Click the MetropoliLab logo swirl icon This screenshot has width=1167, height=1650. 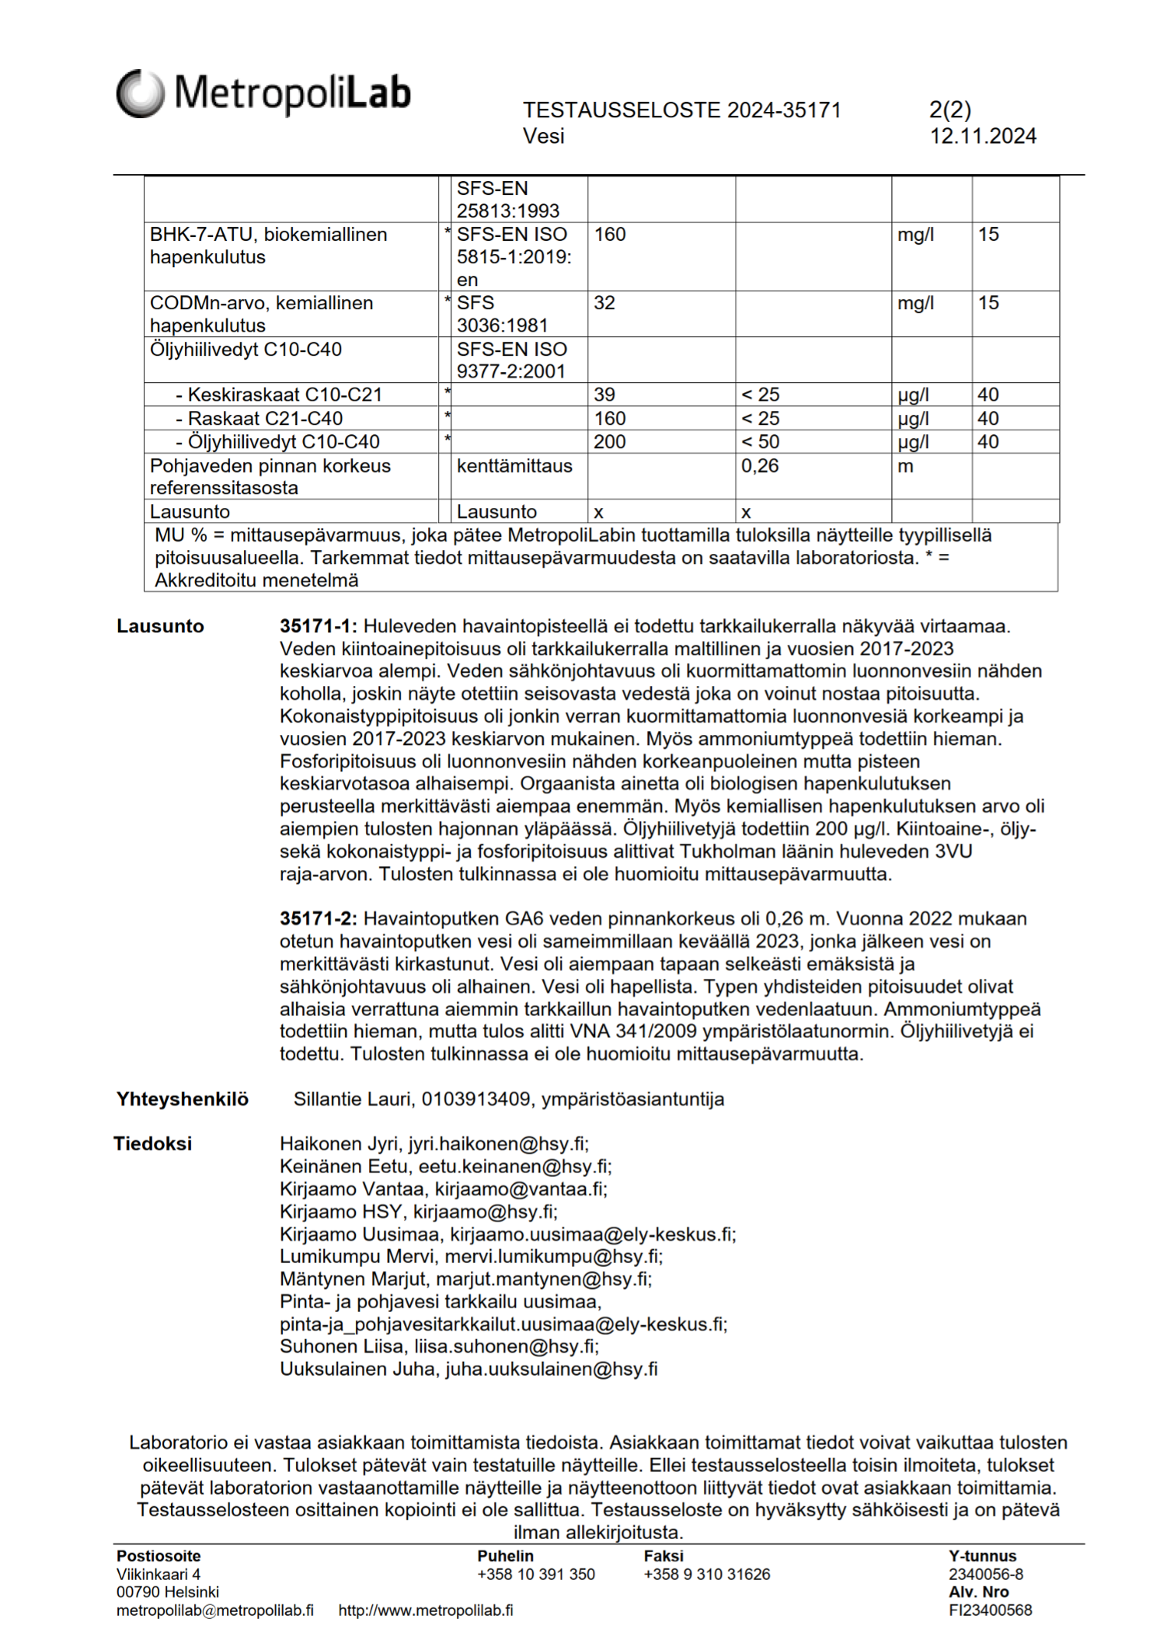140,93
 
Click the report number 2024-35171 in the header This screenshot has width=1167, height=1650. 784,110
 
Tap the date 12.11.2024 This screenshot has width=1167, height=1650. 983,137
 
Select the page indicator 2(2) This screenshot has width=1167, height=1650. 949,110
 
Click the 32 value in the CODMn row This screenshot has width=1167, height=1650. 604,303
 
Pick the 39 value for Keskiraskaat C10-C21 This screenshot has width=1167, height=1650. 604,395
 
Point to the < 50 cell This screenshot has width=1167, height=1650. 760,442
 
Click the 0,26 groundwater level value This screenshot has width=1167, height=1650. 760,466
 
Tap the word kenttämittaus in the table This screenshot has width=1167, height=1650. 514,466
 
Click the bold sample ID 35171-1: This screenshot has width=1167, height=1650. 319,626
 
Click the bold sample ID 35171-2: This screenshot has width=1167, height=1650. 319,919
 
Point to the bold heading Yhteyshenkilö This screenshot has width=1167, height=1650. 183,1099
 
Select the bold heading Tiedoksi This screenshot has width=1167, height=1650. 153,1144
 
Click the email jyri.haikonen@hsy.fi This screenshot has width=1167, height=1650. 498,1144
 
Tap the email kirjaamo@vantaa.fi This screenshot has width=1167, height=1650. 521,1189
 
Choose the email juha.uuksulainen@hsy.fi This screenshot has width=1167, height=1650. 551,1369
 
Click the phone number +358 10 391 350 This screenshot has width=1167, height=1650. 536,1574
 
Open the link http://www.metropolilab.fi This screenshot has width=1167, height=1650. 426,1610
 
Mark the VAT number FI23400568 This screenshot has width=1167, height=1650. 990,1610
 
